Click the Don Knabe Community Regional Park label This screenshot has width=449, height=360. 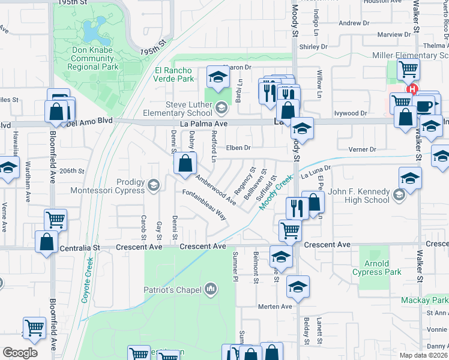pos(92,58)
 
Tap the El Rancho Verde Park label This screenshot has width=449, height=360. pos(173,74)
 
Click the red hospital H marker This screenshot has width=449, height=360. pos(412,90)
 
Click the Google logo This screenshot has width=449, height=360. pos(20,353)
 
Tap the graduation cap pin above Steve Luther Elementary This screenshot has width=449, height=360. pos(218,76)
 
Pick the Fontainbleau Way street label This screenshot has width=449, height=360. pos(205,204)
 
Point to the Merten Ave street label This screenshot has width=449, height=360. pos(274,307)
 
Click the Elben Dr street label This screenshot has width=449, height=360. pos(238,148)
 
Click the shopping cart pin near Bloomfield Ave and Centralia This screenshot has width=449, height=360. pos(55,220)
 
